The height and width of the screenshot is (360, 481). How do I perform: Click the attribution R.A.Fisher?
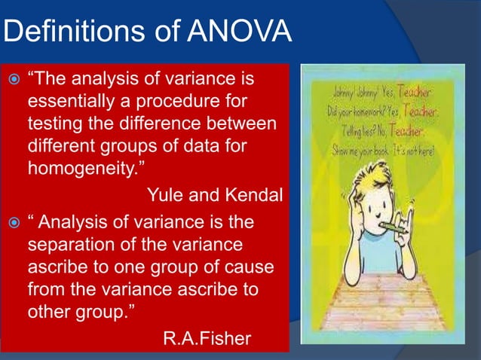tap(207, 338)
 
